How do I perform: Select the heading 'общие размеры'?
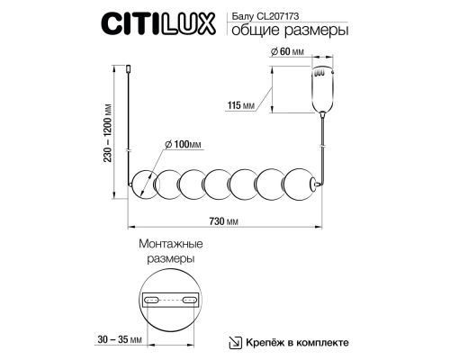287,33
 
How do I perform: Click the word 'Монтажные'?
170,244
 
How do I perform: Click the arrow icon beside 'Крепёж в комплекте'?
234,343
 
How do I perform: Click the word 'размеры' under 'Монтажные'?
170,259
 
